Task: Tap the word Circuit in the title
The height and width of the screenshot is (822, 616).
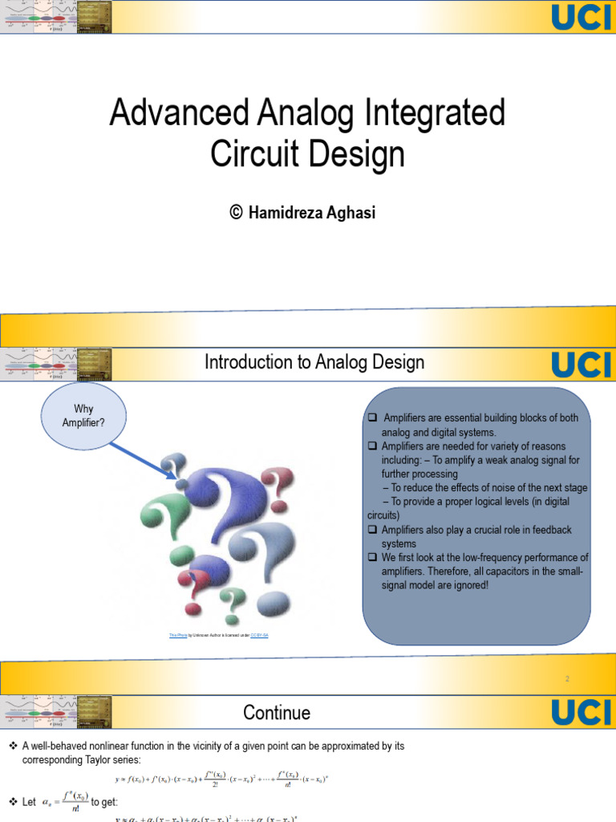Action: point(257,153)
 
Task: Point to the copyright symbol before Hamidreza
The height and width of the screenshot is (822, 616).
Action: point(236,213)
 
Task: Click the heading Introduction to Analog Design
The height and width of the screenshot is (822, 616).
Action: point(314,363)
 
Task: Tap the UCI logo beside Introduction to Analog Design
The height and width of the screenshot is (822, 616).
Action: point(582,364)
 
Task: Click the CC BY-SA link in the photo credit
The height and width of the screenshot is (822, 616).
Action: point(259,635)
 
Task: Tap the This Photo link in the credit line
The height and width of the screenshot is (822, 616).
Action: point(177,635)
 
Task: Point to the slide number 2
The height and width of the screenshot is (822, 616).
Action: point(567,679)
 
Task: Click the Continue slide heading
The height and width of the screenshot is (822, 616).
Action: point(277,713)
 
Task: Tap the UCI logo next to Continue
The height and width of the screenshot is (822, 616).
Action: point(582,713)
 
